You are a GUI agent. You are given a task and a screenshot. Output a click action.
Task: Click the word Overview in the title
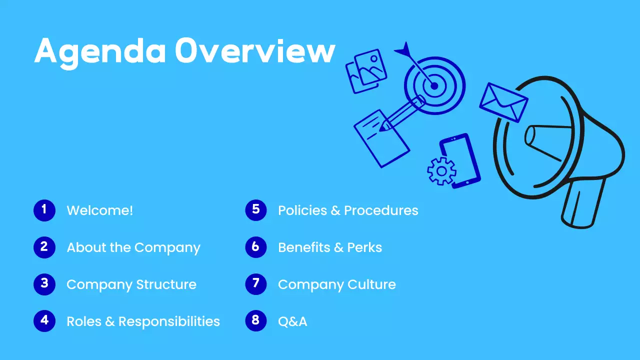(x=254, y=51)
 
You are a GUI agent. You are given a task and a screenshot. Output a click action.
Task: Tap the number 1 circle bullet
(x=44, y=210)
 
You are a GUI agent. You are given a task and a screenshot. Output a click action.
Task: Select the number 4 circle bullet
(x=44, y=321)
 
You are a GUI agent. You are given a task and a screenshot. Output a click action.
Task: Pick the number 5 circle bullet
(x=256, y=210)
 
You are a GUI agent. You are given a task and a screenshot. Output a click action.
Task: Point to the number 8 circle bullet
(x=256, y=321)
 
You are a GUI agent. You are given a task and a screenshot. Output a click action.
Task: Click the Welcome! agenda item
(x=100, y=210)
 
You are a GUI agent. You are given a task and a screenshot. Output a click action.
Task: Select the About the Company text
(x=133, y=247)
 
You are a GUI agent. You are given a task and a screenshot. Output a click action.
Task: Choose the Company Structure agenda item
(x=131, y=284)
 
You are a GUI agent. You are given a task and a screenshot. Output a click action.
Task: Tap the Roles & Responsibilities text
(x=143, y=321)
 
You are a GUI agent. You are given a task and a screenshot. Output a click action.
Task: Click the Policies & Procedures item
(x=348, y=210)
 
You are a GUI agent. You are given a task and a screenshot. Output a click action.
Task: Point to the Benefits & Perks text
(x=330, y=247)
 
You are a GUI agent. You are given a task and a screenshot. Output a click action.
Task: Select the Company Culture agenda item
(x=337, y=284)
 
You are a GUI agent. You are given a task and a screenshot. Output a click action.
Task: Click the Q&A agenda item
(x=292, y=321)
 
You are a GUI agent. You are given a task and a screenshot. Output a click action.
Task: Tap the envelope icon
(x=503, y=102)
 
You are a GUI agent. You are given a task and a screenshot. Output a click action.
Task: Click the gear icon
(x=441, y=171)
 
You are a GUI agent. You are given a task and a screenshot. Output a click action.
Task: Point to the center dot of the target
(x=434, y=86)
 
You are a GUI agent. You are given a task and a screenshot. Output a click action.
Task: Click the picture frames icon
(x=366, y=71)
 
